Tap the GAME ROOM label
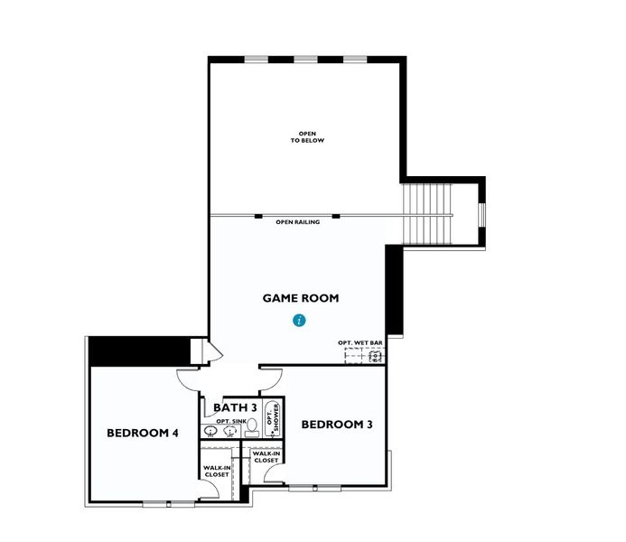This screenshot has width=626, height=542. click(301, 298)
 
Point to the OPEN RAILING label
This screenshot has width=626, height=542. click(297, 222)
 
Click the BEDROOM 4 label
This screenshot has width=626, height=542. click(143, 433)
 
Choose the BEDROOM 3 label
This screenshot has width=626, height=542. click(337, 425)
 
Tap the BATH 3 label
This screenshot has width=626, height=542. click(235, 408)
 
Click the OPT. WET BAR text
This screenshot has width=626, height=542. click(360, 343)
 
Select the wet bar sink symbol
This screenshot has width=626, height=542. click(372, 356)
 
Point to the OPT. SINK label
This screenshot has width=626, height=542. click(222, 422)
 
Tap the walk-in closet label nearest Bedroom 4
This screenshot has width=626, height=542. click(216, 470)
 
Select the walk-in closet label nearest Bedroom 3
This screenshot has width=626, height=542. click(266, 457)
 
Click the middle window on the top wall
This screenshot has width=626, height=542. click(305, 60)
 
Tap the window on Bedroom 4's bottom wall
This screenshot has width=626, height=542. click(169, 502)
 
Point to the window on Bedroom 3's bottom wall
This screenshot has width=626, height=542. click(314, 488)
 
